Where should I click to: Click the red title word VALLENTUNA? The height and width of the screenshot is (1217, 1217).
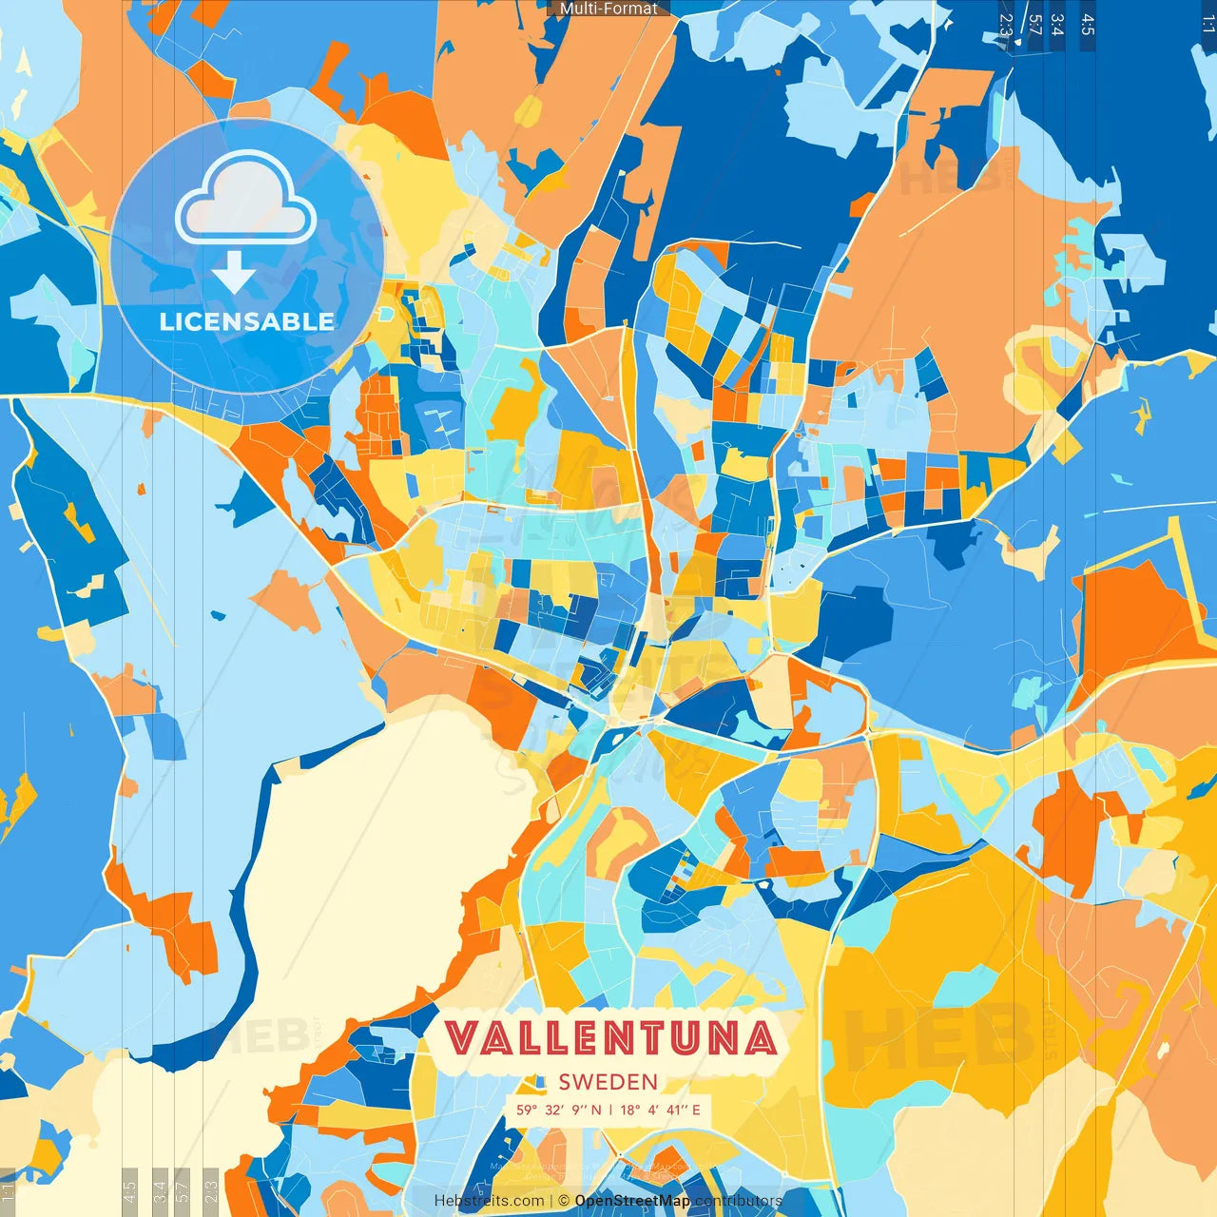coord(609,1037)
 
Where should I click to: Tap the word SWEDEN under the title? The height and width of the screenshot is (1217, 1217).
coord(608,1082)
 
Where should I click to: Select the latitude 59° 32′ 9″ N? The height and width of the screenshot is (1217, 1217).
coord(559,1110)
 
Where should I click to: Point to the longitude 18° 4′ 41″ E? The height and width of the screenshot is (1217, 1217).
coord(661,1110)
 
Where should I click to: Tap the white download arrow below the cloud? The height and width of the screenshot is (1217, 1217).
coord(234,273)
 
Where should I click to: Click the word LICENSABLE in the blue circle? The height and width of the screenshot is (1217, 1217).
coord(247,321)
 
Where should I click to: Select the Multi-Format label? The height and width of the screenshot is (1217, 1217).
coord(608,9)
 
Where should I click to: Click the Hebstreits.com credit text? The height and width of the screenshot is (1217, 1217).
coord(490,1201)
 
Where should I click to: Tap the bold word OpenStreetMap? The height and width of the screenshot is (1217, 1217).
coord(632,1201)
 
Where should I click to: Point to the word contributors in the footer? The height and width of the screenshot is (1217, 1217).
coord(739,1201)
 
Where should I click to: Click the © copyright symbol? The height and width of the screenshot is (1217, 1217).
coord(564,1201)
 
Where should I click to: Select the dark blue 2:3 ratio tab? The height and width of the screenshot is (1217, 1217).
coord(1006,25)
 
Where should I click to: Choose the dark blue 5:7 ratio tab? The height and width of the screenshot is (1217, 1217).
coord(1034,25)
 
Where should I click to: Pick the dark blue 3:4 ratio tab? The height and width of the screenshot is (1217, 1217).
coord(1057,25)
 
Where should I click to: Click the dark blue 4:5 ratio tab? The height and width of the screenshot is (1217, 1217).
coord(1088,25)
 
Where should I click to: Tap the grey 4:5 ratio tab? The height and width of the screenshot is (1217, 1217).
coord(130,1188)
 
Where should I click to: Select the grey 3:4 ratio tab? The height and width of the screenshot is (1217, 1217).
coord(161,1188)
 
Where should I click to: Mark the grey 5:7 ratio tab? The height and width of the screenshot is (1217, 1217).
coord(184,1188)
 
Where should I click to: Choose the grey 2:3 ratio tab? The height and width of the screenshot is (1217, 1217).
coord(211,1188)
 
